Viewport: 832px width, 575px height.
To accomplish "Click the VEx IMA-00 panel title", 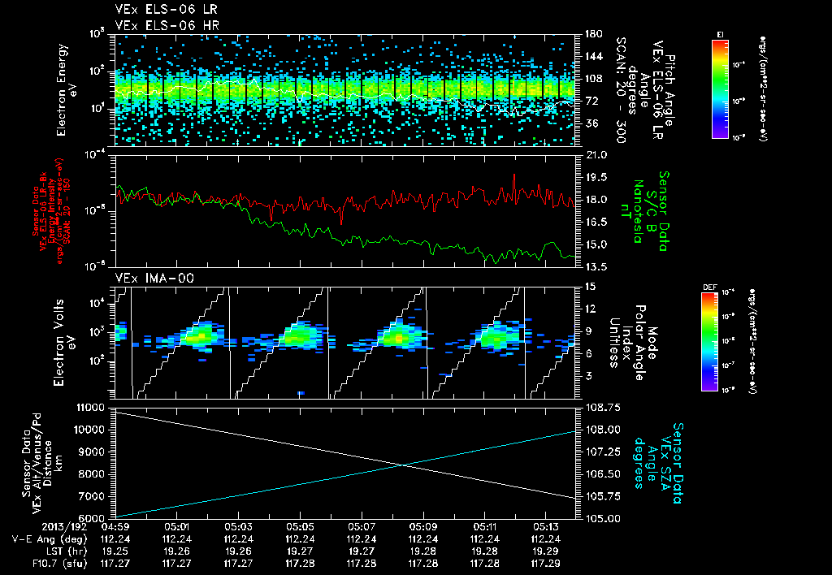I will (x=148, y=278).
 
